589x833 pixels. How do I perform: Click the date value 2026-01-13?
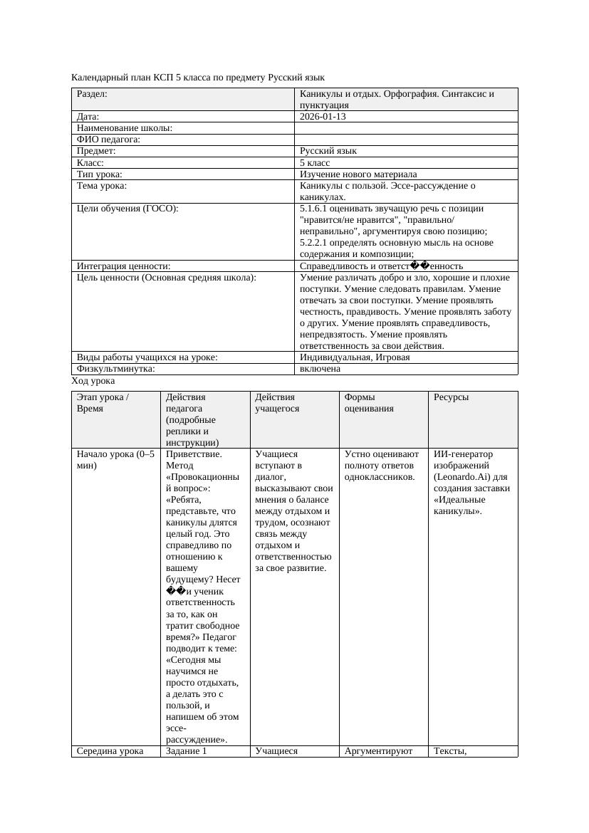pyautogui.click(x=323, y=116)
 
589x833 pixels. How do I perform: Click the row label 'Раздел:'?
pyautogui.click(x=92, y=93)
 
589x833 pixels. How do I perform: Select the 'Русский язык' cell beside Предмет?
pyautogui.click(x=328, y=151)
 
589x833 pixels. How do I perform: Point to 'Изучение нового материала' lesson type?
pyautogui.click(x=358, y=174)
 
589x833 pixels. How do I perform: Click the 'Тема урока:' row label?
pyautogui.click(x=102, y=186)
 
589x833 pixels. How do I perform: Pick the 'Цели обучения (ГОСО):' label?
pyautogui.click(x=127, y=209)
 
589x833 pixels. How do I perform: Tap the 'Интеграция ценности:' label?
pyautogui.click(x=123, y=266)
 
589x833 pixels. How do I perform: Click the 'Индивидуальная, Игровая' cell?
pyautogui.click(x=354, y=357)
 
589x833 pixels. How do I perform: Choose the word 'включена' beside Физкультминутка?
pyautogui.click(x=320, y=369)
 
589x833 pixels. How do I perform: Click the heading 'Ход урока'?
pyautogui.click(x=93, y=381)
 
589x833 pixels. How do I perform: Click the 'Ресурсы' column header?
pyautogui.click(x=451, y=397)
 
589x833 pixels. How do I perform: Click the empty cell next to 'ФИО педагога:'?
pyautogui.click(x=406, y=140)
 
